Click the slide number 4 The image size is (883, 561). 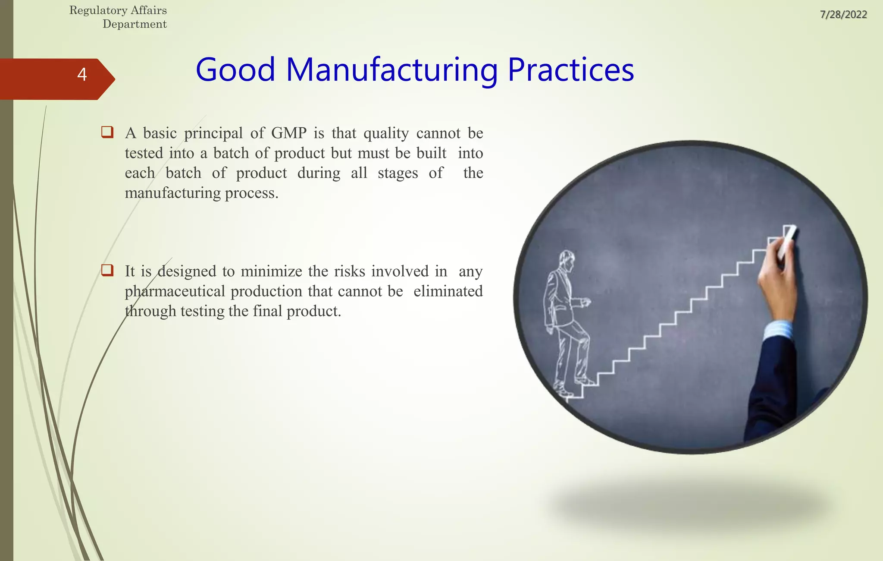click(x=82, y=75)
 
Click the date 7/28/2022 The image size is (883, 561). click(x=843, y=15)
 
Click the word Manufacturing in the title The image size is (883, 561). click(x=391, y=70)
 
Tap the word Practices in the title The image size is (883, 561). click(x=570, y=70)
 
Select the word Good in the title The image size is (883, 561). click(x=235, y=70)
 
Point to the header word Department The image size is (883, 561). click(x=135, y=24)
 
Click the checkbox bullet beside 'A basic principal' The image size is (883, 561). click(x=107, y=132)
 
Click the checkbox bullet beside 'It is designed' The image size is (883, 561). click(x=107, y=271)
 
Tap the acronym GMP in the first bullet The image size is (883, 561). click(x=289, y=133)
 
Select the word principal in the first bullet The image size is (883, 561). click(x=213, y=134)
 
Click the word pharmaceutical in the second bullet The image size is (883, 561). click(x=175, y=292)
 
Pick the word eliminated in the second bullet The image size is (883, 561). click(x=448, y=291)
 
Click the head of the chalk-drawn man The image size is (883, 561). click(x=566, y=260)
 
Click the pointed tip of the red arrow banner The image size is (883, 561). click(x=113, y=79)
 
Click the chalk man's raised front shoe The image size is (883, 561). click(x=586, y=381)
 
